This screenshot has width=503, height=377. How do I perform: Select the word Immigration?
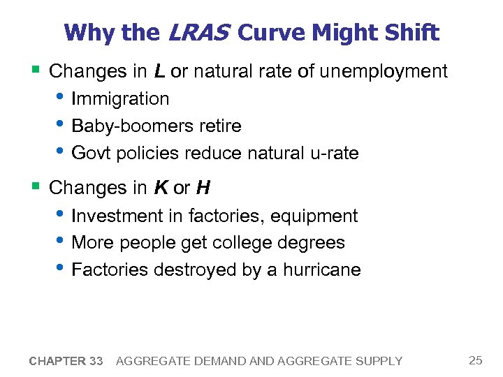click(x=120, y=99)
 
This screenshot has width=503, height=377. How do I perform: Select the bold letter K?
click(x=160, y=188)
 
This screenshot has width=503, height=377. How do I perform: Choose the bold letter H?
click(x=203, y=188)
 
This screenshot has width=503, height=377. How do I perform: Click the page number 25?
click(x=475, y=360)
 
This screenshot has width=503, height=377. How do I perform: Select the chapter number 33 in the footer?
click(x=96, y=361)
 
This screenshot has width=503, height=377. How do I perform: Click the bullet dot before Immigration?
click(x=61, y=98)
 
